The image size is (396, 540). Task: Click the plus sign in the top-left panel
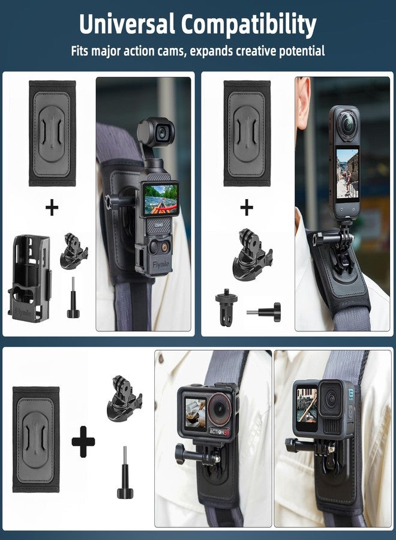pyautogui.click(x=52, y=208)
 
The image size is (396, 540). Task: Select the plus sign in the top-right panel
pyautogui.click(x=247, y=208)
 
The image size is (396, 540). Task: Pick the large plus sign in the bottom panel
pyautogui.click(x=83, y=443)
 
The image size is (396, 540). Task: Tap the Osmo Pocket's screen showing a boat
pyautogui.click(x=160, y=198)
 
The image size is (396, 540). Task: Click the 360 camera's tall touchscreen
pyautogui.click(x=347, y=173)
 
